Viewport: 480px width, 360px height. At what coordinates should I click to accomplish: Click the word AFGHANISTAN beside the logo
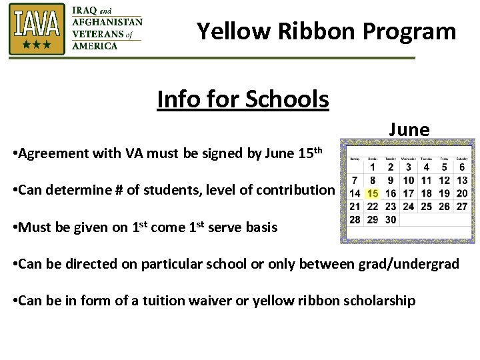107,21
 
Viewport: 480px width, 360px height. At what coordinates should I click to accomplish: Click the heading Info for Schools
243,99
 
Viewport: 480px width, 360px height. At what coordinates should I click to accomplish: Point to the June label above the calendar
409,129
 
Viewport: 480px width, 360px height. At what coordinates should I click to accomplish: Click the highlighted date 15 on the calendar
373,193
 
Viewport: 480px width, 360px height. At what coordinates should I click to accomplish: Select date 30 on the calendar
391,219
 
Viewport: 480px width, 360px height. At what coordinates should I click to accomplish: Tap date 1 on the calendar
373,167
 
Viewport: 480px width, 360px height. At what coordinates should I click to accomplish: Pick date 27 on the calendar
462,206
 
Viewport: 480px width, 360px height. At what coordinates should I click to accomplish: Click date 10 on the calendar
409,180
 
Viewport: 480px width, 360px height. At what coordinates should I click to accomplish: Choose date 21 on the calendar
355,206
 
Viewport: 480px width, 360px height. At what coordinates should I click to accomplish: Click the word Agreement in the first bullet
50,154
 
